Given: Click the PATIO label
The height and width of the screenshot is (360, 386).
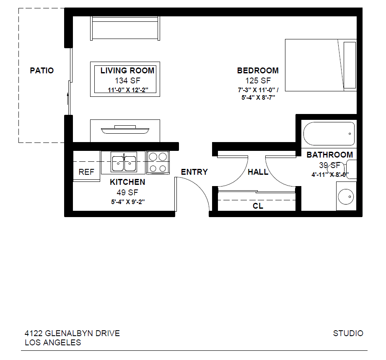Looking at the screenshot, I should [41, 70].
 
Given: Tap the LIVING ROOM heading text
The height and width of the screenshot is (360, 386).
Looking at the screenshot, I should [127, 71].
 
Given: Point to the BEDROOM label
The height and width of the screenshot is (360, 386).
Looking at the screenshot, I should [258, 70].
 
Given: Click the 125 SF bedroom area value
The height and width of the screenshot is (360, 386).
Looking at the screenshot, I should [258, 80].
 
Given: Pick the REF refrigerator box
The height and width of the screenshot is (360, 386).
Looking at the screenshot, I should [86, 172].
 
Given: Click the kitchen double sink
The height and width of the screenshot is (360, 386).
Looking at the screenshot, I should [124, 162].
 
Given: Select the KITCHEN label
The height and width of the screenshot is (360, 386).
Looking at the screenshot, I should [127, 182].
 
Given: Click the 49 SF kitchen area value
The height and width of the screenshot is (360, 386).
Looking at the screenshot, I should [127, 192].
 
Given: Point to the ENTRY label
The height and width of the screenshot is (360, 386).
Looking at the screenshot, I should [194, 172].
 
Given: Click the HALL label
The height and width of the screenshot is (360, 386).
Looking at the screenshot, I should [258, 172].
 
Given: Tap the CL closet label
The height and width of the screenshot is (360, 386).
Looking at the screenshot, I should [258, 206].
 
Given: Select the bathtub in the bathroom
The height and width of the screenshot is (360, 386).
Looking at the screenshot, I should [329, 133].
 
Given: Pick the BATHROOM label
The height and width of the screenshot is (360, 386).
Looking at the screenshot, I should [329, 155].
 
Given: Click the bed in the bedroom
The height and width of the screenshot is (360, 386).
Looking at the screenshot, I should [321, 65].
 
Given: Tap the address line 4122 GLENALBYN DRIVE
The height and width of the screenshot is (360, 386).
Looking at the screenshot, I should [72, 334].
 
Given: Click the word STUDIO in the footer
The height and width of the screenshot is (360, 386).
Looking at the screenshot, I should [348, 334].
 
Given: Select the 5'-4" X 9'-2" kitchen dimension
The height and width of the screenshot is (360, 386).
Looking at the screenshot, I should [127, 202].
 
